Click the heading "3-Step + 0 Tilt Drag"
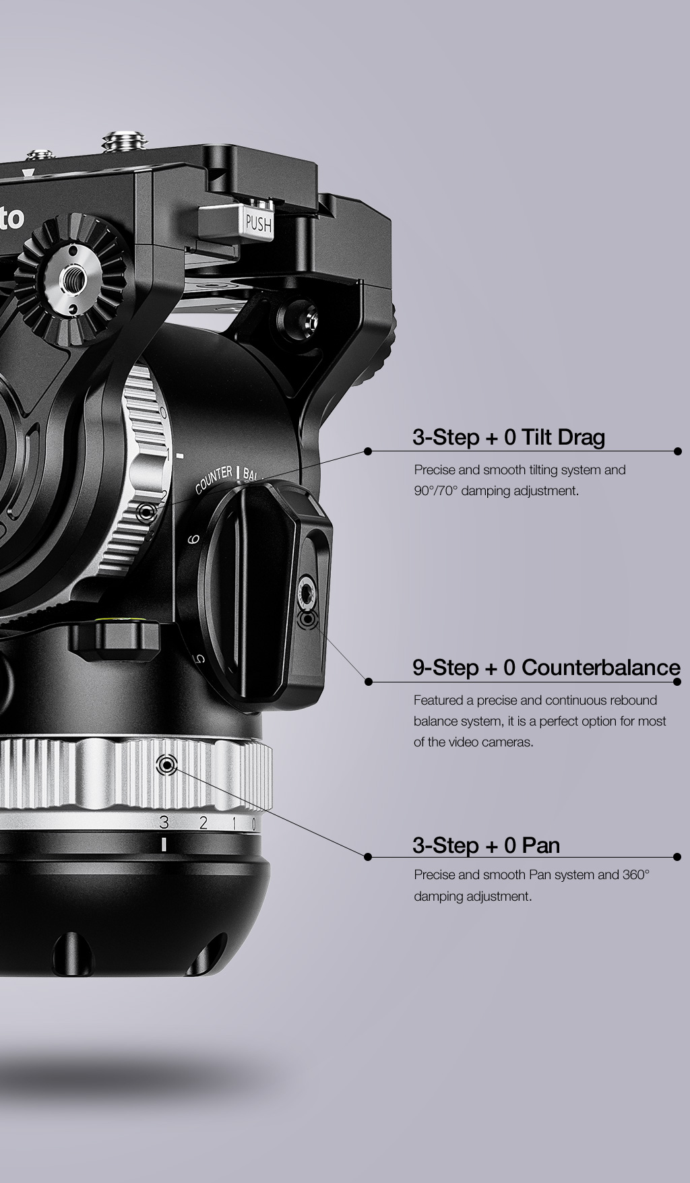(509, 437)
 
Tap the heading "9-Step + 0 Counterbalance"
(546, 668)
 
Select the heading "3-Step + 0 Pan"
(486, 845)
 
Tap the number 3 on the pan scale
(164, 822)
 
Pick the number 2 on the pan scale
(203, 822)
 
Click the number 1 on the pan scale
(234, 823)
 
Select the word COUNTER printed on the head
(214, 479)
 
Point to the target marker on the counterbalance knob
(307, 618)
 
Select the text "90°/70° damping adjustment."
(496, 490)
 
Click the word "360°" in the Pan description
(636, 874)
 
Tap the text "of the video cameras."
(474, 742)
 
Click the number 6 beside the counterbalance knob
(193, 539)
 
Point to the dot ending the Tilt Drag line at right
(678, 451)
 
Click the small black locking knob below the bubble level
(113, 641)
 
